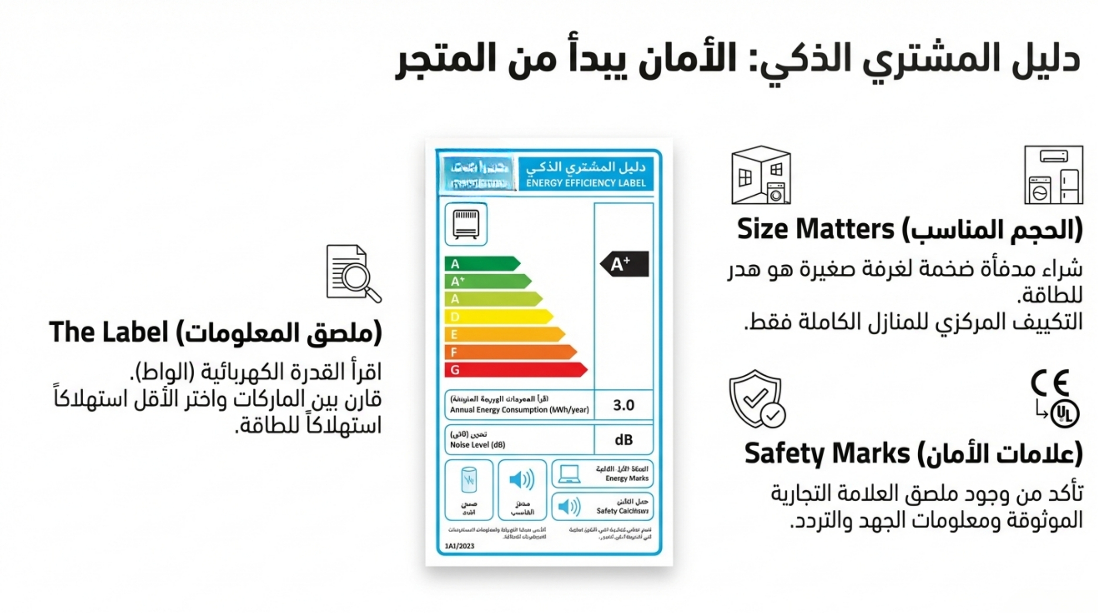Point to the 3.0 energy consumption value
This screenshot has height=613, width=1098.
(x=623, y=405)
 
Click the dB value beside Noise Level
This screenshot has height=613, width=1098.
(x=623, y=440)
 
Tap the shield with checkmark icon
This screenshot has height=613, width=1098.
(x=757, y=399)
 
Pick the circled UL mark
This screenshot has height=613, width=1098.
(x=1064, y=414)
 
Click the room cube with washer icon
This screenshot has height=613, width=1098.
(x=761, y=175)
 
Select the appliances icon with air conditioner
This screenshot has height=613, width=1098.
(x=1053, y=175)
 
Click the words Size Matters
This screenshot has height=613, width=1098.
(x=815, y=229)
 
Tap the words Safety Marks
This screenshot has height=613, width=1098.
(x=827, y=454)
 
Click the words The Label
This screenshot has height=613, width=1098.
(x=108, y=333)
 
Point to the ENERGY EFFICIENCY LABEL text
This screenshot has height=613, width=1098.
(x=586, y=183)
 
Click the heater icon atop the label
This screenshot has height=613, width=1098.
(x=466, y=224)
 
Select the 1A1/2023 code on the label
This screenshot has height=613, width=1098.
(x=459, y=546)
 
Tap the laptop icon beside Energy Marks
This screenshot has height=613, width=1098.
(x=569, y=474)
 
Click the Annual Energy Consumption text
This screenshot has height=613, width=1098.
(x=519, y=410)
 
